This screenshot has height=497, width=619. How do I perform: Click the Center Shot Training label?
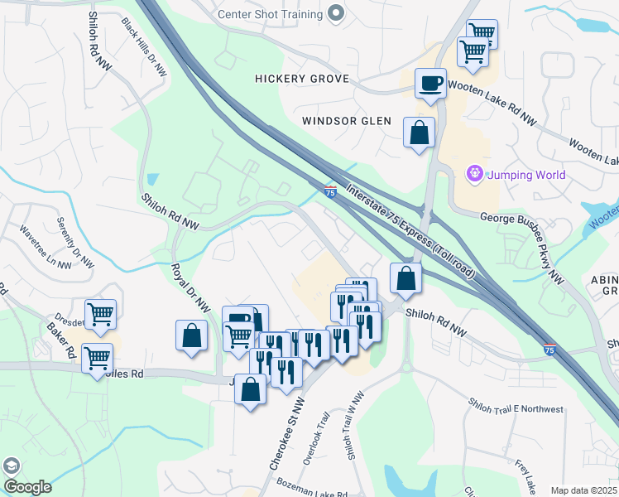(269, 14)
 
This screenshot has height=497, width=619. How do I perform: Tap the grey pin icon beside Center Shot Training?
(335, 13)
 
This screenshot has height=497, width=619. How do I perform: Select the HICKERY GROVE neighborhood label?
(302, 79)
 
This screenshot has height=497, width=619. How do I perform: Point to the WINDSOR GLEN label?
(346, 121)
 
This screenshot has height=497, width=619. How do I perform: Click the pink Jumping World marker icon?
(474, 174)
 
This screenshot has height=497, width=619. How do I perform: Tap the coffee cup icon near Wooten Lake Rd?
(430, 84)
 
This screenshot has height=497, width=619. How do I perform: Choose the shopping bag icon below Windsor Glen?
(419, 133)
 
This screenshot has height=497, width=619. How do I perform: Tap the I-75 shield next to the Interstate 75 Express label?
(330, 192)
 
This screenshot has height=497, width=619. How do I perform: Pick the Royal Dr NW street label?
(189, 287)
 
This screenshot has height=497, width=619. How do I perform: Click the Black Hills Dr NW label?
(144, 48)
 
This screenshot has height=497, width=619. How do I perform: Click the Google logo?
(27, 487)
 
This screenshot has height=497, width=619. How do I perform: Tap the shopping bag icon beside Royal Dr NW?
(191, 335)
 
